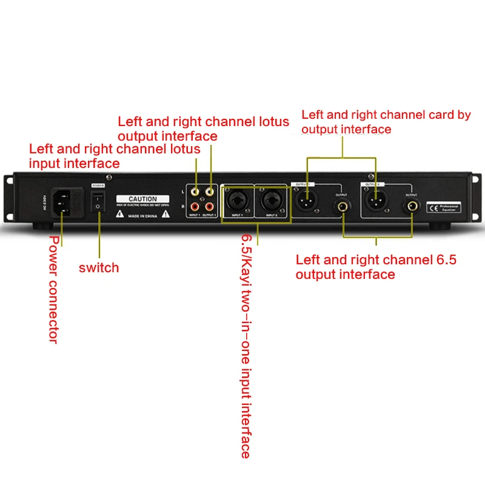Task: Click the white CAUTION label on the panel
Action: tap(143, 199)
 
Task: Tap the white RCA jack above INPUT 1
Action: tap(195, 191)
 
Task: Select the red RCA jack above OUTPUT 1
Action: tap(210, 206)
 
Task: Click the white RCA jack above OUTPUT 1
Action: tap(210, 191)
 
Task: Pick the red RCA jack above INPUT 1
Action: tap(195, 206)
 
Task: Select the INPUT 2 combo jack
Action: tap(271, 199)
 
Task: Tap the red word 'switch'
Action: tap(99, 267)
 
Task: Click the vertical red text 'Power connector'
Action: tap(53, 290)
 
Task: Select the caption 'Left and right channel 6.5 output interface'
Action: tap(376, 267)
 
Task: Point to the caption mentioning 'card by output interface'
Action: tap(386, 122)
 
